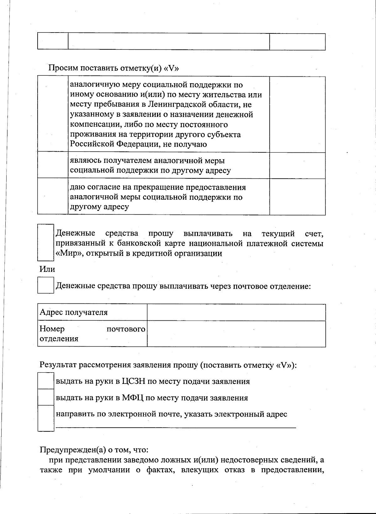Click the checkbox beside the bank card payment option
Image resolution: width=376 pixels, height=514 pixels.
(x=46, y=243)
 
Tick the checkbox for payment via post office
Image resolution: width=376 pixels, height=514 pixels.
(x=46, y=285)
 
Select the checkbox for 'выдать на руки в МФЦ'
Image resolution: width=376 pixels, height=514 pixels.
(x=46, y=397)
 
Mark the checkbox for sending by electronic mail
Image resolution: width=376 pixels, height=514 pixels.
(x=46, y=418)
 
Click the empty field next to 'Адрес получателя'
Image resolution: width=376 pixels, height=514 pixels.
(x=236, y=312)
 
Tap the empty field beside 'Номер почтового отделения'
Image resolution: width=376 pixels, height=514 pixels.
(x=236, y=333)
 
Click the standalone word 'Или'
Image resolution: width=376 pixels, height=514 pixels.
(x=47, y=269)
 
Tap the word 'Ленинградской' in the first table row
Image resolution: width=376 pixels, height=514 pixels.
(x=175, y=104)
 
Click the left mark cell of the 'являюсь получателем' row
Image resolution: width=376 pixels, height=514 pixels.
(x=53, y=165)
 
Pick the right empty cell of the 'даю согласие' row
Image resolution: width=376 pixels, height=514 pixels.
(x=297, y=197)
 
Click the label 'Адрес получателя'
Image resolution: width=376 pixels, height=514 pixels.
(x=74, y=312)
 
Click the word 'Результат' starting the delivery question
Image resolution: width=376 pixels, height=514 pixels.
(x=58, y=365)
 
